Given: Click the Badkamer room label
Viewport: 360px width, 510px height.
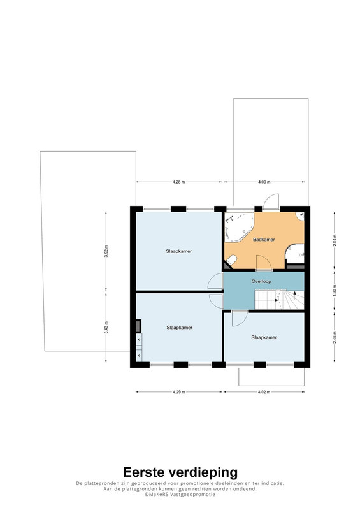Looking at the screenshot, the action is (264, 240).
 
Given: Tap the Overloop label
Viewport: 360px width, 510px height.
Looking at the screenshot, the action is (261, 281).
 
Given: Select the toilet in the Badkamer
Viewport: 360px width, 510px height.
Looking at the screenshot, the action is (231, 260).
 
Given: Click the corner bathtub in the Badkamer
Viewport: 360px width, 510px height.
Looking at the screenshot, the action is (239, 227).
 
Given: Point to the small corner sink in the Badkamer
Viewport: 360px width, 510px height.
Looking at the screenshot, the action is (301, 216).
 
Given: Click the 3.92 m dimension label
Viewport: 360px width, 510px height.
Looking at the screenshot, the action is (106, 251).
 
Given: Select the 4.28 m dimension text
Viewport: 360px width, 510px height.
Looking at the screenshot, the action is (179, 182).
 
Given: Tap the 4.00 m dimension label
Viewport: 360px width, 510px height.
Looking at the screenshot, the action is (264, 182).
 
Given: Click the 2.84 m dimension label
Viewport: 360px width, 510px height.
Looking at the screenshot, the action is (335, 240).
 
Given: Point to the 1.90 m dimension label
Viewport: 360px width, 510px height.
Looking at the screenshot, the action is (335, 290).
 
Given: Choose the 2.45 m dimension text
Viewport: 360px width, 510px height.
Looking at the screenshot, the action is (335, 337).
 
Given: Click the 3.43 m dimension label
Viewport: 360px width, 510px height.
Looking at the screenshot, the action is (106, 327).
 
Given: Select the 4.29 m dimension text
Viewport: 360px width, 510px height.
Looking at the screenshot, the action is (179, 392).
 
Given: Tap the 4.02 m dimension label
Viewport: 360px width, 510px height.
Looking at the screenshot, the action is (264, 392).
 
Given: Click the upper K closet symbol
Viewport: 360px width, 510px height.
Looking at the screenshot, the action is (139, 340).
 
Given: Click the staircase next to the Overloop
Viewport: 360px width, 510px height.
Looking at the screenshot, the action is (279, 300).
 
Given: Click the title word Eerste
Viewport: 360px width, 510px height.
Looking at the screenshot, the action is (143, 472).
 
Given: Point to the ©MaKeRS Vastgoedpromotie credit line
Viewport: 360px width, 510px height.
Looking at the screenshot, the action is (180, 494).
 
